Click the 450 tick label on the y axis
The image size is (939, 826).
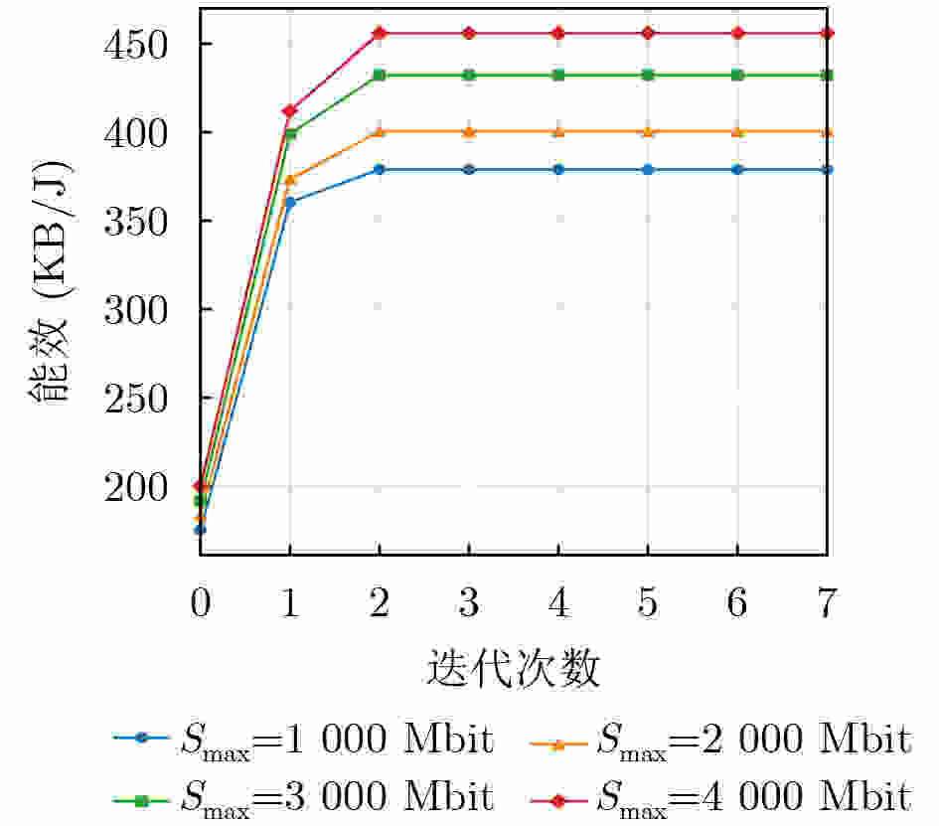click(135, 45)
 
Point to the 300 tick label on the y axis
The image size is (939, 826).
click(135, 310)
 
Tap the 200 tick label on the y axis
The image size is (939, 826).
click(135, 487)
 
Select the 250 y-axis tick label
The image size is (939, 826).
click(135, 399)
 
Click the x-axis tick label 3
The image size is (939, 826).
click(469, 602)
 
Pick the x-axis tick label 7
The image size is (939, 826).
click(827, 602)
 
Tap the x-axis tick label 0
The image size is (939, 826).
click(201, 602)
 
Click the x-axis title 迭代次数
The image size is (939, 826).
click(513, 668)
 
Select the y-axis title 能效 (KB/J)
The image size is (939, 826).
click(49, 281)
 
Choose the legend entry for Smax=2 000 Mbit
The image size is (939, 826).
click(721, 741)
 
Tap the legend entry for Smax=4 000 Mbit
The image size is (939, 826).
click(721, 798)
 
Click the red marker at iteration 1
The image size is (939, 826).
click(290, 110)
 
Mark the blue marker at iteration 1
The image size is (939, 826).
click(290, 203)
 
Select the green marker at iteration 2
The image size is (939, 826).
click(379, 75)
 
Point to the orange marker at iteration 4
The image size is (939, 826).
click(558, 132)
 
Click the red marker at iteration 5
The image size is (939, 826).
click(647, 33)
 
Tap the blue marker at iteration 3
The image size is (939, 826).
click(469, 170)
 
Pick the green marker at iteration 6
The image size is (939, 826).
click(737, 75)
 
